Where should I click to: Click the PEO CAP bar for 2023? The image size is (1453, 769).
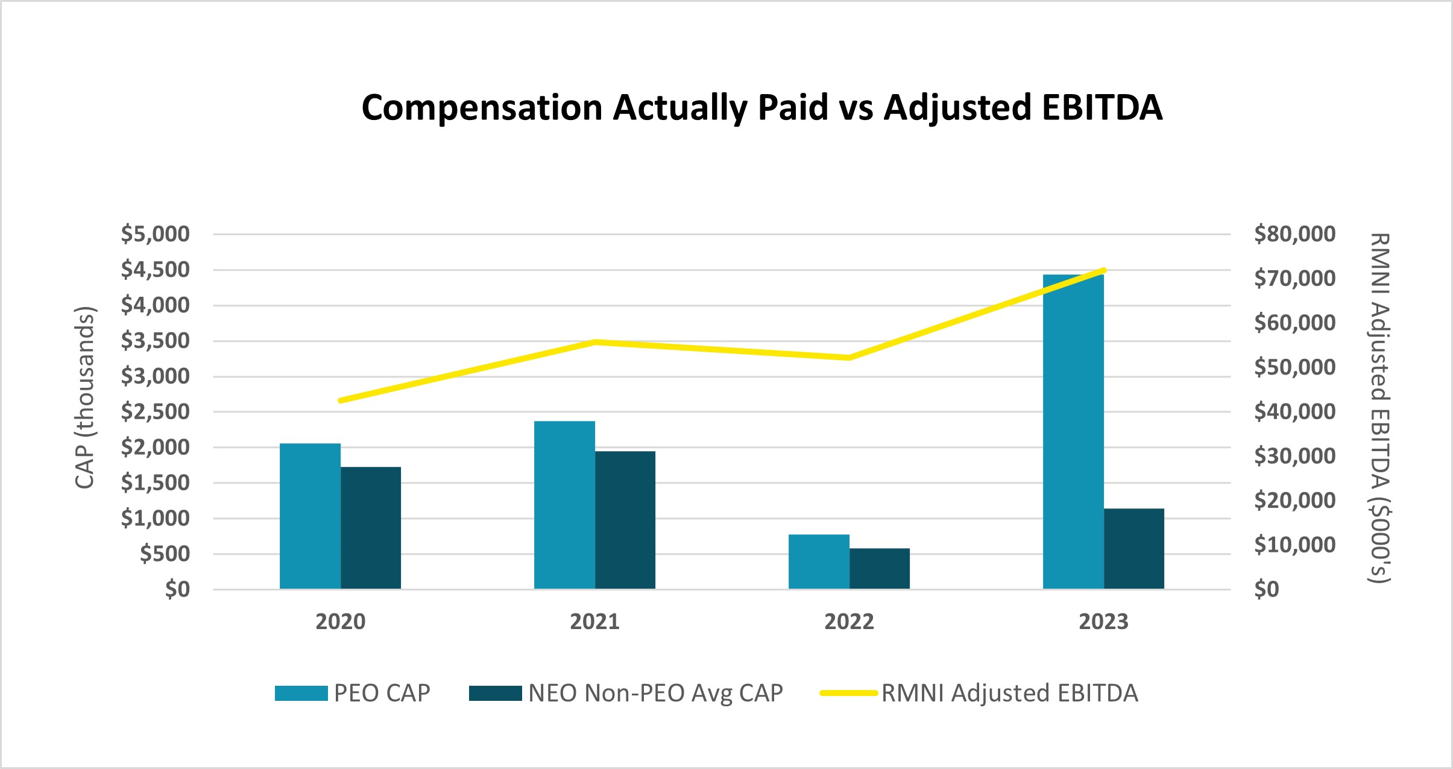1073,431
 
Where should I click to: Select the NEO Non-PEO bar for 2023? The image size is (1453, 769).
1133,549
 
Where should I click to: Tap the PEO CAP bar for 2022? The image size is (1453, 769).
819,562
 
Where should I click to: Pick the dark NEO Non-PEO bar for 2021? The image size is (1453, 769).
625,520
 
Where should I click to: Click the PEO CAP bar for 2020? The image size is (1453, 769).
310,516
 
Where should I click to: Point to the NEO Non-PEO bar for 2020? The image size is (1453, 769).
370,528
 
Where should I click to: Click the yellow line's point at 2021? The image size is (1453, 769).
595,342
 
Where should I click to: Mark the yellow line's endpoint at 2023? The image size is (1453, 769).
1103,270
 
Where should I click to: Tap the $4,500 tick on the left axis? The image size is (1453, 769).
155,270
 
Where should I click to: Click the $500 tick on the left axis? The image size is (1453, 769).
164,554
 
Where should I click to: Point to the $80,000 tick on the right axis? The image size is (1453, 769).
1294,234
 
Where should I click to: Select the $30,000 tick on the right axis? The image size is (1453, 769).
1294,456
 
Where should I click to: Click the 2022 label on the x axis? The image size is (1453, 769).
849,622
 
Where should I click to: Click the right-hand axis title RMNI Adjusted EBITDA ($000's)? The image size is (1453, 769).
1379,408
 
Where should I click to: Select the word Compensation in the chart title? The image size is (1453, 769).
482,108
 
